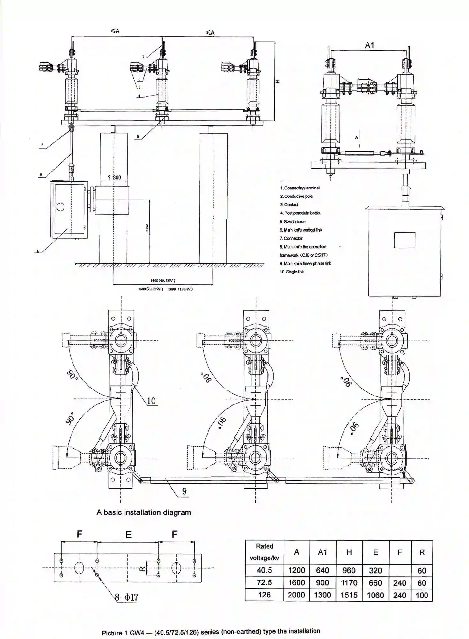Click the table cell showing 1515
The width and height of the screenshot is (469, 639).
[349, 595]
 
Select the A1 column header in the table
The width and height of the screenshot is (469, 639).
[322, 552]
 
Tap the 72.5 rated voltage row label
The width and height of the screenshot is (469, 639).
[264, 582]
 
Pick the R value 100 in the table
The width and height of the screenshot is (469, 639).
[421, 595]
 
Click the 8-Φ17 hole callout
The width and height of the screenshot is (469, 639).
[127, 597]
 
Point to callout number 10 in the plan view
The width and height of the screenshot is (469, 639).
[151, 401]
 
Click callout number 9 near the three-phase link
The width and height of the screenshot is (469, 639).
[184, 491]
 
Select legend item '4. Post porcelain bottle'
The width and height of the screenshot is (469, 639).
[300, 213]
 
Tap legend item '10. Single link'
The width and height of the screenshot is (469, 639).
[292, 272]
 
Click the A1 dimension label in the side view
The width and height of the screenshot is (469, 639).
[369, 45]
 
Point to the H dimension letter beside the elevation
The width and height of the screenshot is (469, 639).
[277, 81]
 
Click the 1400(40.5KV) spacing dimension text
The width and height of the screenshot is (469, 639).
[163, 281]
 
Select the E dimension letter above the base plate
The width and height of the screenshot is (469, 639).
[128, 535]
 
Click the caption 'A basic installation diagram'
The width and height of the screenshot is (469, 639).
[144, 512]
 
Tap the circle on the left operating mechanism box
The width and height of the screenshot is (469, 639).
[60, 207]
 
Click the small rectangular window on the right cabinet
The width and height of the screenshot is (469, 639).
[405, 240]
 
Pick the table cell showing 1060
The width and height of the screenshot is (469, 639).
[375, 595]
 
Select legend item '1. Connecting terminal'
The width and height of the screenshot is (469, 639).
[300, 188]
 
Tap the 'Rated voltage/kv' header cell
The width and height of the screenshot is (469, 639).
[264, 552]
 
